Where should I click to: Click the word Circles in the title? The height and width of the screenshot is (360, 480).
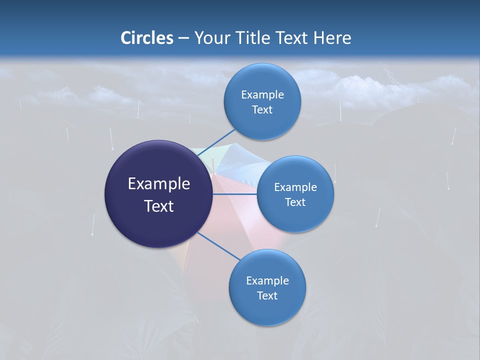click(146, 38)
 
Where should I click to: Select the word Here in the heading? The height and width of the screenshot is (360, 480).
click(332, 38)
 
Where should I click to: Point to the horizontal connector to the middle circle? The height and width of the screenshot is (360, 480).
click(235, 193)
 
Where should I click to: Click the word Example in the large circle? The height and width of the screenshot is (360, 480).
click(158, 183)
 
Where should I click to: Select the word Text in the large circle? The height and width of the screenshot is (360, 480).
click(158, 206)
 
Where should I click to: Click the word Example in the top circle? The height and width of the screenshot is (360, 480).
click(262, 94)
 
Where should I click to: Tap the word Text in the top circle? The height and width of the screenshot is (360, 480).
click(262, 109)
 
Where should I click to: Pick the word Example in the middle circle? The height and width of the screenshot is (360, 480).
click(295, 187)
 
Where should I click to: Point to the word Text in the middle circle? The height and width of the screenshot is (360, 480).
click(295, 202)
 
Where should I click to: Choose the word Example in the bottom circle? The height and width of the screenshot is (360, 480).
click(267, 280)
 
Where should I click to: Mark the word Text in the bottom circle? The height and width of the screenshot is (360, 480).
click(267, 295)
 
